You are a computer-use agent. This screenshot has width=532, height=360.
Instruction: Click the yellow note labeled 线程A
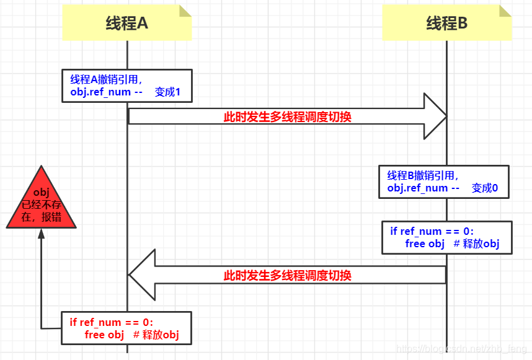[x=126, y=24]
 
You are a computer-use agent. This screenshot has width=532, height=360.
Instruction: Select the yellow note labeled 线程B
[x=446, y=24]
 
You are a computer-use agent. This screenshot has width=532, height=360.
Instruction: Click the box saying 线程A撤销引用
[x=126, y=86]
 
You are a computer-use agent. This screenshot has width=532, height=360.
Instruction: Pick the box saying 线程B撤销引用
[x=443, y=182]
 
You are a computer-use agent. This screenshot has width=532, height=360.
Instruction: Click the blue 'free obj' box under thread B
[x=447, y=237]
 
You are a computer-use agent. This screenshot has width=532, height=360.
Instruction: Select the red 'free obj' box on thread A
[x=126, y=328]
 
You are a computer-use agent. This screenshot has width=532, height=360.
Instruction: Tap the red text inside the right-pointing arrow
[x=287, y=116]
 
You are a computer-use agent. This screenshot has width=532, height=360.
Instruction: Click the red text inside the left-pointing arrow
[x=287, y=275]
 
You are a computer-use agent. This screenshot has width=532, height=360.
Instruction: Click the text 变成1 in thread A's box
[x=167, y=92]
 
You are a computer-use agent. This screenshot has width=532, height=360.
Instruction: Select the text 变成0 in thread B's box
[x=484, y=188]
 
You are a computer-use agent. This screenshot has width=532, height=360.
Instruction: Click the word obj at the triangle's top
[x=41, y=192]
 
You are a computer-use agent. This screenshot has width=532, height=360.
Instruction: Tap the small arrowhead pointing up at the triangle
[x=41, y=234]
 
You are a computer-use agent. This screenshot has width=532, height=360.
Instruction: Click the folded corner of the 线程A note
[x=185, y=11]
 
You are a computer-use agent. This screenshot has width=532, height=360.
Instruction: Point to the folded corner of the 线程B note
[x=505, y=11]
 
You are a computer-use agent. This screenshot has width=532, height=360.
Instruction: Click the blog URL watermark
[x=461, y=350]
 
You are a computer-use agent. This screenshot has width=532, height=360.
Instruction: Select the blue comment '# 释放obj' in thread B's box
[x=476, y=244]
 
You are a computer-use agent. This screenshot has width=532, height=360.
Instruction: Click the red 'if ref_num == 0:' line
[x=111, y=322]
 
